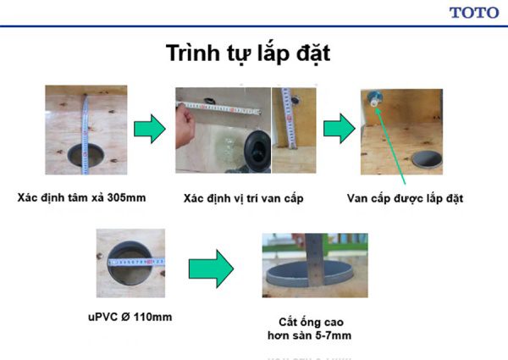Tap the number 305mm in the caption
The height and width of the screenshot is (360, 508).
tap(125, 198)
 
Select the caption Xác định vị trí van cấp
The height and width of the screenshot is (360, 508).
tap(243, 199)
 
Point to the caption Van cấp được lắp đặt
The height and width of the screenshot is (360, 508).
tap(404, 199)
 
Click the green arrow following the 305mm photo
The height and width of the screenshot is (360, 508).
tap(151, 130)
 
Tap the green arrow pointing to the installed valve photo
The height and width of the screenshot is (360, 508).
tap(340, 130)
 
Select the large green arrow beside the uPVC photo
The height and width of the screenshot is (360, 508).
tap(211, 268)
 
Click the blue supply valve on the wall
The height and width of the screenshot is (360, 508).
tap(375, 100)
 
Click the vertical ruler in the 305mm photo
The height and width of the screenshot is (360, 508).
tap(86, 127)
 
